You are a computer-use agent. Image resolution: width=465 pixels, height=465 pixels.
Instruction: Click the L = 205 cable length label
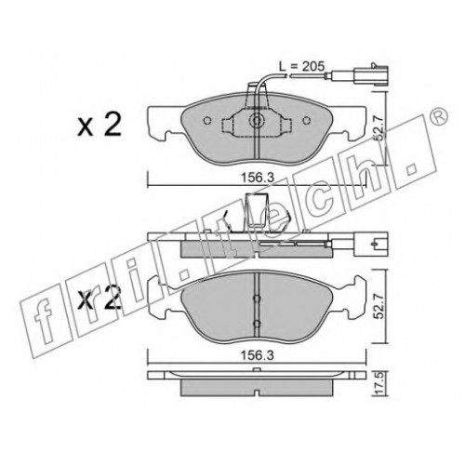(301, 66)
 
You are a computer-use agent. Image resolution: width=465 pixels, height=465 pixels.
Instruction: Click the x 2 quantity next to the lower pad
(100, 299)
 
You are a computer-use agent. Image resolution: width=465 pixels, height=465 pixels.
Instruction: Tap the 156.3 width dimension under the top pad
(258, 178)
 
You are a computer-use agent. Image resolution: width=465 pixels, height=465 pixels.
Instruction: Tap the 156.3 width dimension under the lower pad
(258, 355)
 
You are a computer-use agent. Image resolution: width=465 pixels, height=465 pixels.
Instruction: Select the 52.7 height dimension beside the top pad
(379, 127)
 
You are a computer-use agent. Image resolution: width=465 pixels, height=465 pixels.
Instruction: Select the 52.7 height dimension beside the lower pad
(379, 305)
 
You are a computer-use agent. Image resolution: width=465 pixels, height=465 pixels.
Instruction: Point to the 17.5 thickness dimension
(379, 383)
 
